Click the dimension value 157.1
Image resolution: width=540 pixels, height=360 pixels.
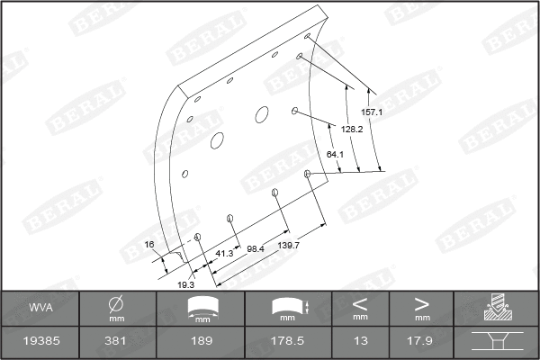point(372,112)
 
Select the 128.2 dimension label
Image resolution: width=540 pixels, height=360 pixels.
point(353,130)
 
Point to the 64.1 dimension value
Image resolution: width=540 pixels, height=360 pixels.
point(335,155)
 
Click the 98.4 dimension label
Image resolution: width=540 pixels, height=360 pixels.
point(256,248)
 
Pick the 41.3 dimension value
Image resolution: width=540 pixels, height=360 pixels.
point(224,254)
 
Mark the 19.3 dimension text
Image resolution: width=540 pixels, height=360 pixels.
point(185,284)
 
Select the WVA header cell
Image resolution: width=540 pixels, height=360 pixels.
point(40,308)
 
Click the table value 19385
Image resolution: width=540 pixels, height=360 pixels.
point(40,342)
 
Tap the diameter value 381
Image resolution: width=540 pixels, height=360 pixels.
point(116,342)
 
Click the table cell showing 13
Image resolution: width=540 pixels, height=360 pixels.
point(359,342)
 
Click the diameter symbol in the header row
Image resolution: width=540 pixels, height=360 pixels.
point(116,302)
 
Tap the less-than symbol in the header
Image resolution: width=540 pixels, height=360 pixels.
point(359,303)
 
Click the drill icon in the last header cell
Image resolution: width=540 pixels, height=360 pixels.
point(497,308)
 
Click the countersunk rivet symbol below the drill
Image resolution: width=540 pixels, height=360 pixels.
point(497,342)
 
